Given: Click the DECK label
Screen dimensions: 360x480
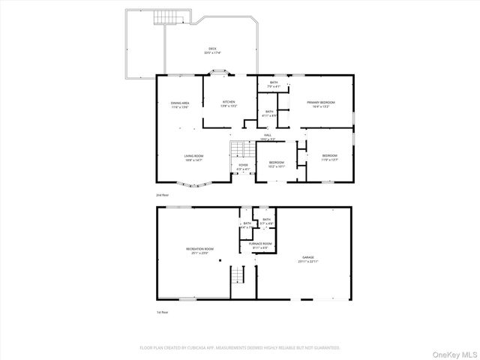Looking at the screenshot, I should (212, 51).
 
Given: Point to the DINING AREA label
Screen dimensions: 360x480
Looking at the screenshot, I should (179, 105).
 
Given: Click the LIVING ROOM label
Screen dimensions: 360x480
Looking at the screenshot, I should (193, 157).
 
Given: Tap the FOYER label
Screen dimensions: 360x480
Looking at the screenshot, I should (243, 166).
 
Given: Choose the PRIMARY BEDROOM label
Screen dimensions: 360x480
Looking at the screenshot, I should (321, 103).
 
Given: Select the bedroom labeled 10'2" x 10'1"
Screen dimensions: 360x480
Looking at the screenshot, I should (277, 164).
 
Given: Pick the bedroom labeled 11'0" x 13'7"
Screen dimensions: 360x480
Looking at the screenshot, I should (330, 157).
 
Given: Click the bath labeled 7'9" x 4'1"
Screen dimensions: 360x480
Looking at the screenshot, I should (274, 84).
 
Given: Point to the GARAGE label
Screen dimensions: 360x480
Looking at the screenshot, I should (308, 259).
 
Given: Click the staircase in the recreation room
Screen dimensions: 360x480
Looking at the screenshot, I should (238, 275).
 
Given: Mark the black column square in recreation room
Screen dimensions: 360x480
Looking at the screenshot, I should (220, 261).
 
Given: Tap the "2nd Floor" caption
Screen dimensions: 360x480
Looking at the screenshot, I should (163, 195).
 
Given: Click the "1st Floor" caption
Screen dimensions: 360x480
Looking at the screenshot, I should (163, 312).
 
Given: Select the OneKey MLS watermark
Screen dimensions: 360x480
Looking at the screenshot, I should (453, 352).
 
